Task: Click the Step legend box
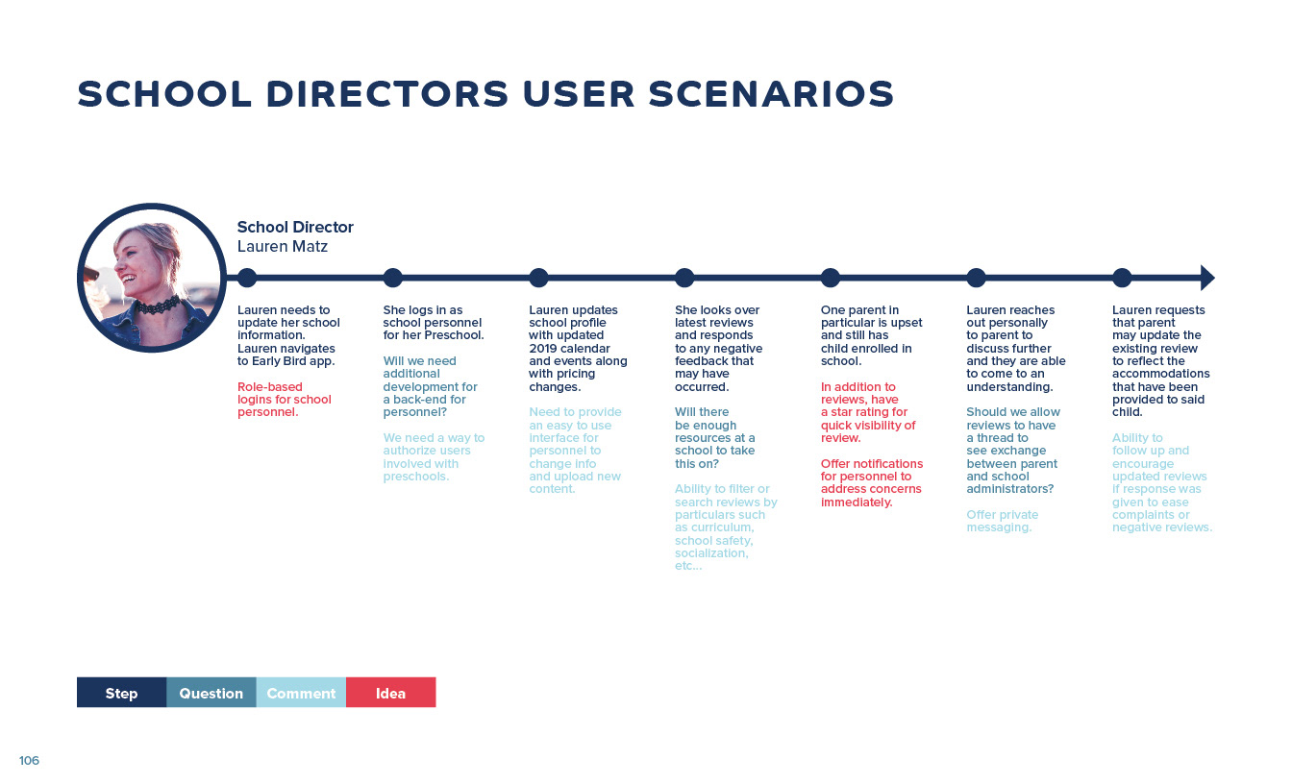[122, 693]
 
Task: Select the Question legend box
[211, 693]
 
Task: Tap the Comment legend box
[301, 693]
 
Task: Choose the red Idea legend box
[391, 693]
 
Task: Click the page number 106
[29, 760]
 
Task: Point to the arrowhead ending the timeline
[1207, 278]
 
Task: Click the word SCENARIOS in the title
[771, 94]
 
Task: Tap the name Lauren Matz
[283, 247]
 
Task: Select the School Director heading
[295, 227]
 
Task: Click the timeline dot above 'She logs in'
[393, 278]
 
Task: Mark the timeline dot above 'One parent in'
[830, 278]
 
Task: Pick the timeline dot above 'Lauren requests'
[1122, 278]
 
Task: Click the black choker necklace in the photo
[157, 306]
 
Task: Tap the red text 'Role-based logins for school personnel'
[285, 400]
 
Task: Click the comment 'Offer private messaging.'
[1003, 521]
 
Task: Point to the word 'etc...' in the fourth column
[688, 566]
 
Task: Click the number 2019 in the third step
[544, 348]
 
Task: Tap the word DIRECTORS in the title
[387, 94]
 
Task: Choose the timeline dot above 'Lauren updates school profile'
[538, 278]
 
